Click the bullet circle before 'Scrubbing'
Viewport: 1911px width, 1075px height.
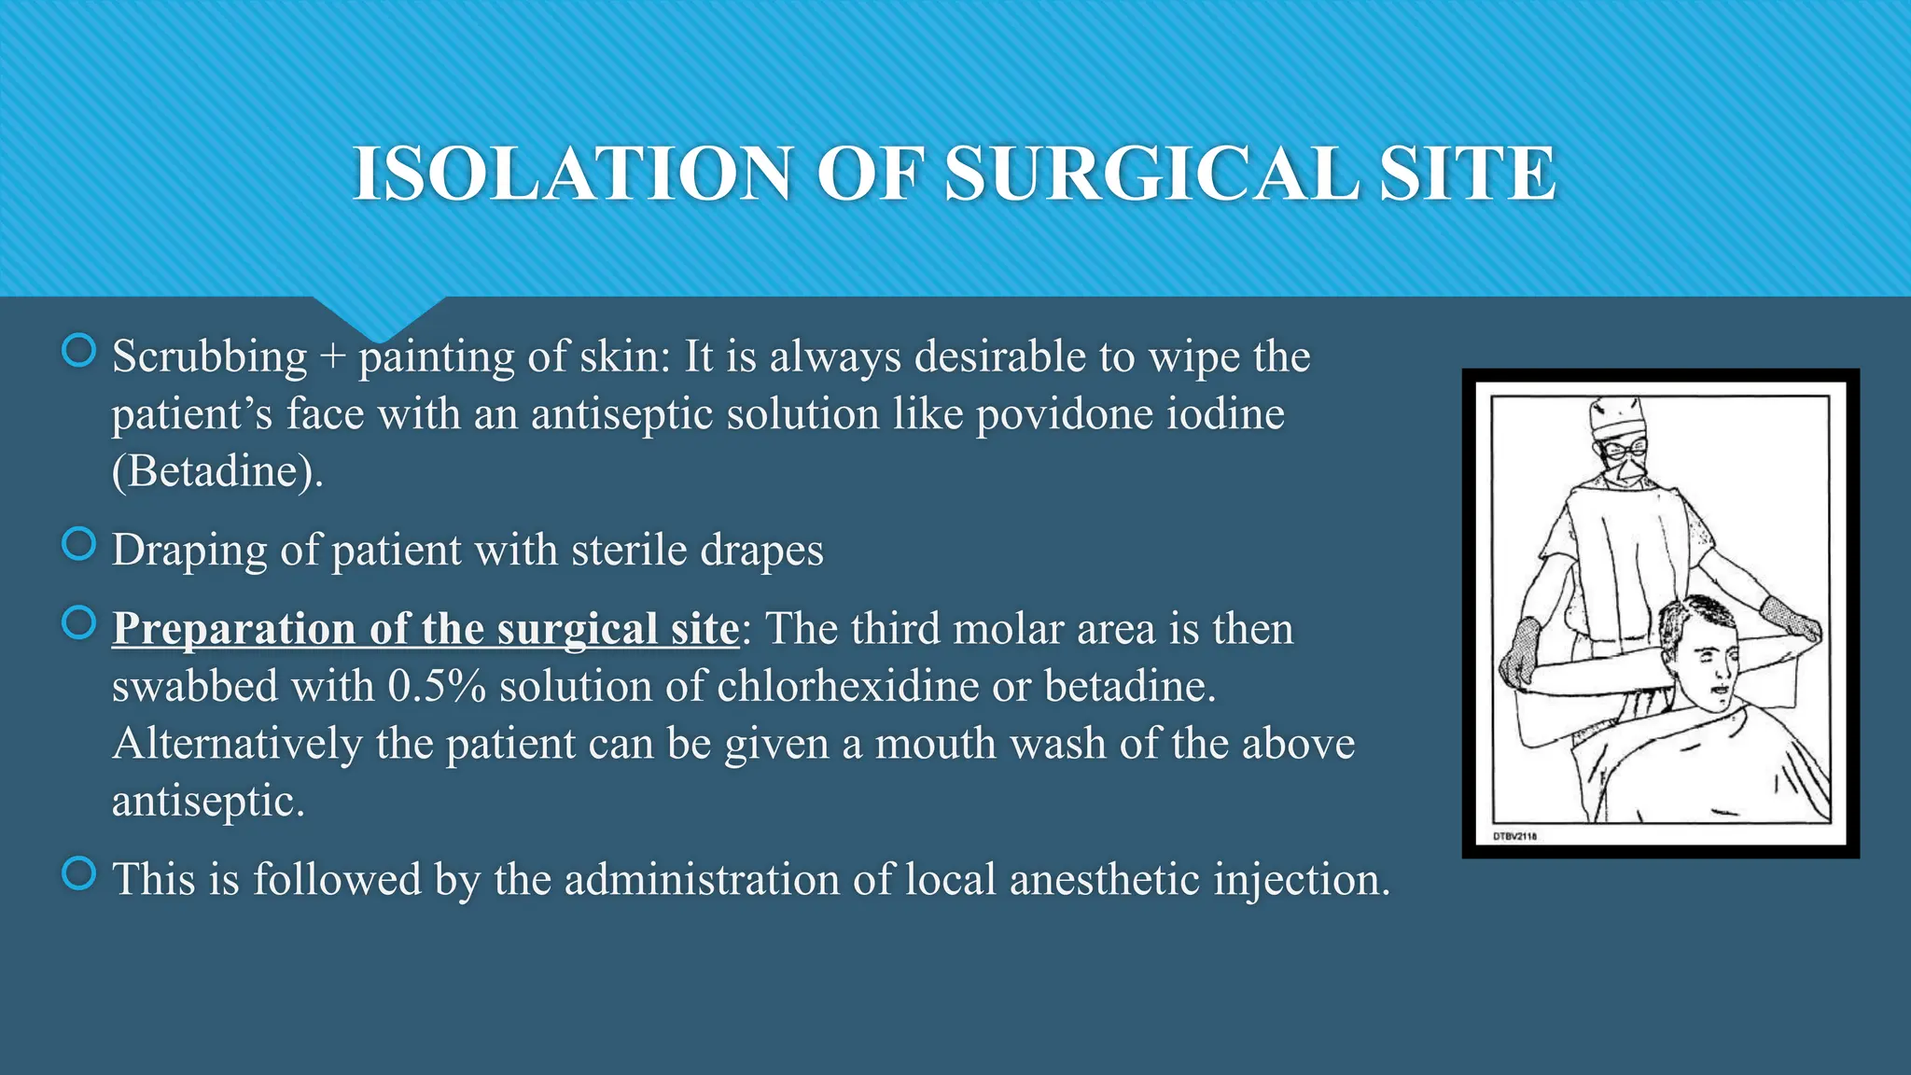click(x=78, y=351)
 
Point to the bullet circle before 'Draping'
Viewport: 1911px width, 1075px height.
click(x=78, y=544)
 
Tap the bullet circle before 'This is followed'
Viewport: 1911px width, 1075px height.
click(x=78, y=873)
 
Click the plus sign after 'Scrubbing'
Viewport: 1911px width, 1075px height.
click(x=332, y=357)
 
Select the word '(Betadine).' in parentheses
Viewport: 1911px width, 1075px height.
click(x=217, y=471)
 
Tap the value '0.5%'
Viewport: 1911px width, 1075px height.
click(x=437, y=687)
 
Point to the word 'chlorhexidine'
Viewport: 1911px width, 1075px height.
click(x=847, y=687)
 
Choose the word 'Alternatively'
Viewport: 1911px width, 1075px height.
click(x=237, y=745)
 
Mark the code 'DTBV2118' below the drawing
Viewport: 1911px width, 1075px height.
click(x=1514, y=836)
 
